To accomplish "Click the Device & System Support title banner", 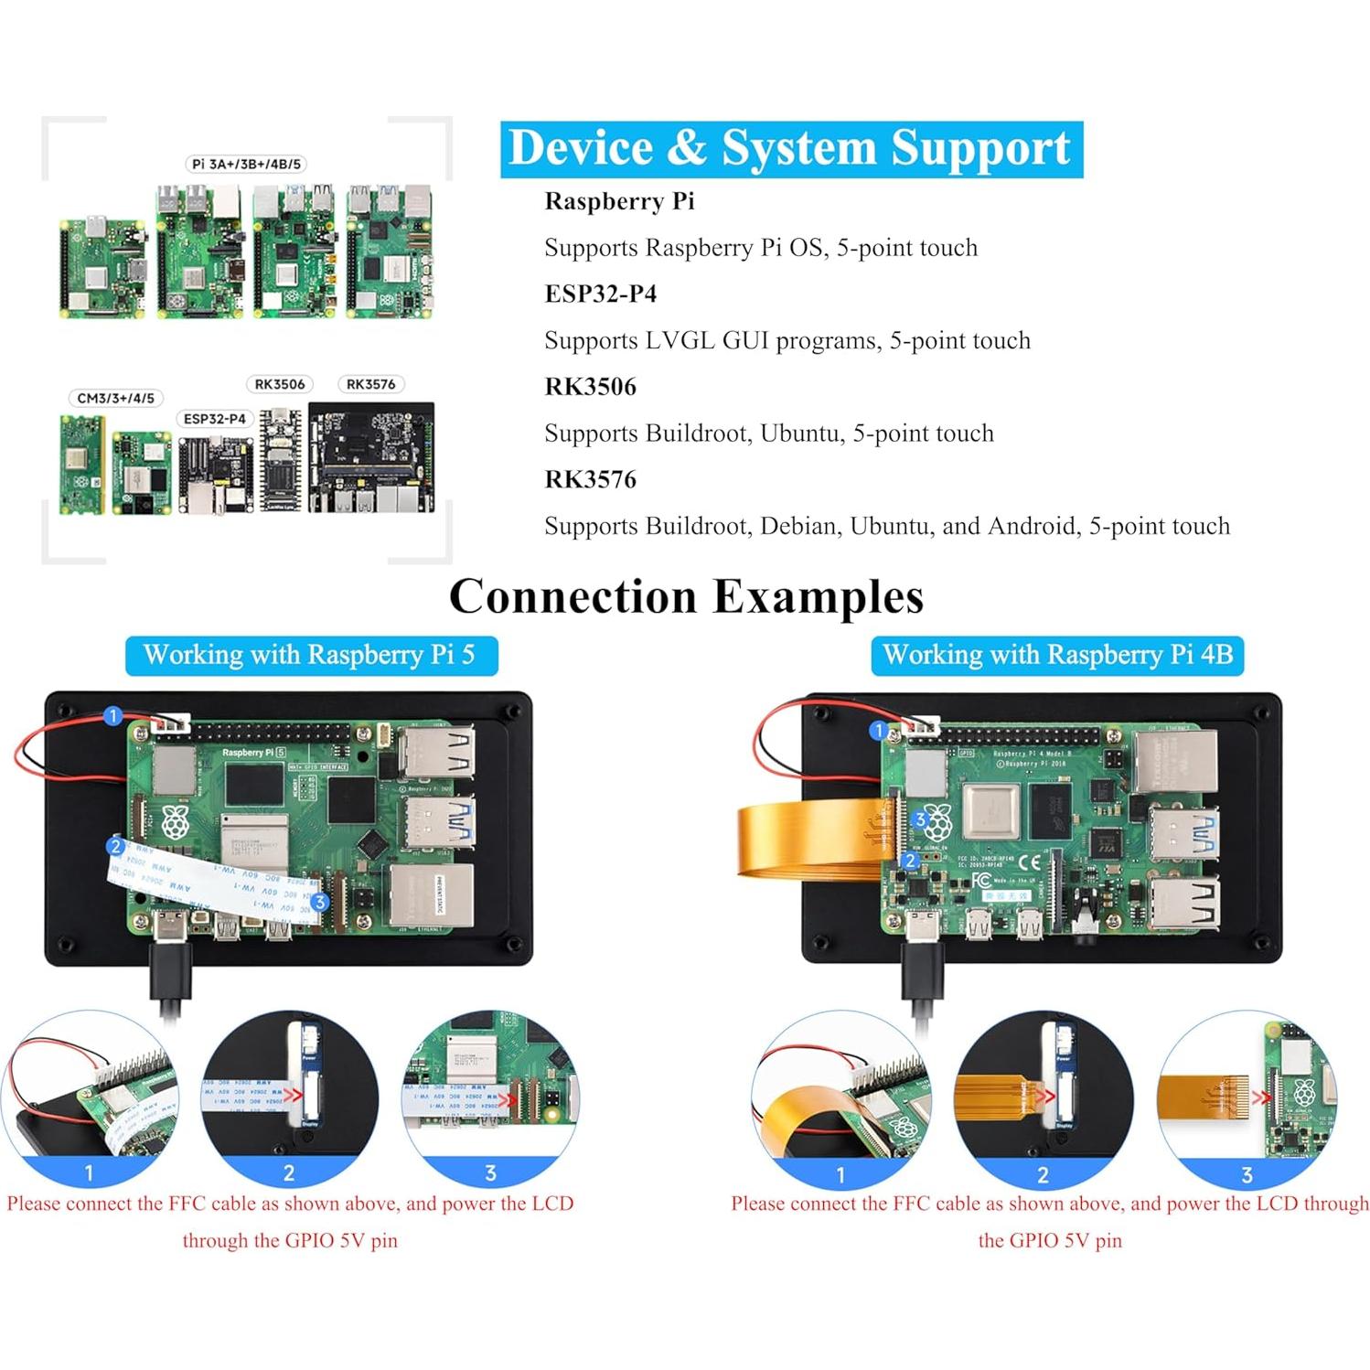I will tap(791, 149).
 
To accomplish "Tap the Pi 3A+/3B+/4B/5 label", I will tap(246, 165).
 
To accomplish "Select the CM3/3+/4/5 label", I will tap(115, 399).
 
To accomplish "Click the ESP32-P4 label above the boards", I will tap(214, 419).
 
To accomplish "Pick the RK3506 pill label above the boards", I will tap(280, 384).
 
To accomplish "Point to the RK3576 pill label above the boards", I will tap(370, 384).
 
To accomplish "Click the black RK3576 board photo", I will tap(371, 457).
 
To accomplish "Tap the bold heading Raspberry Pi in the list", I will tap(619, 201).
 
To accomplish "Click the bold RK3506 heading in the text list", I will tap(590, 387).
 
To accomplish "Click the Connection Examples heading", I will tap(686, 597).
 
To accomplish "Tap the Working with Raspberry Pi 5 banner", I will tap(311, 656).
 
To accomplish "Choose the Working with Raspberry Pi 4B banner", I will tap(1057, 656).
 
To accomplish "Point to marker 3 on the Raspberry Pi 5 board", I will tap(319, 902).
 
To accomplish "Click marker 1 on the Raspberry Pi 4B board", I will tap(879, 730).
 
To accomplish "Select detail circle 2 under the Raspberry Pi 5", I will tap(289, 1097).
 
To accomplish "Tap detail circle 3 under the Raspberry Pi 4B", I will tap(1247, 1097).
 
